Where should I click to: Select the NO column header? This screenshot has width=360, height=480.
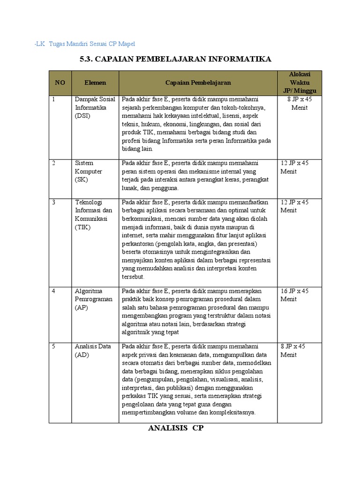pyautogui.click(x=60, y=82)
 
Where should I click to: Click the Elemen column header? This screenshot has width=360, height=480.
pyautogui.click(x=95, y=82)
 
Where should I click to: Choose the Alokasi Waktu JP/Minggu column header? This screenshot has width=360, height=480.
pyautogui.click(x=300, y=82)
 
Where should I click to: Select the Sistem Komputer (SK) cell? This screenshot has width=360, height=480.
pyautogui.click(x=84, y=171)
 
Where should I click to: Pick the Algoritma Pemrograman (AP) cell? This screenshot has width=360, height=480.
pyautogui.click(x=94, y=299)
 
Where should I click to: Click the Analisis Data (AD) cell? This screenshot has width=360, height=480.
pyautogui.click(x=93, y=351)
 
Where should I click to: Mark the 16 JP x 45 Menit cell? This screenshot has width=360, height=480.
pyautogui.click(x=294, y=295)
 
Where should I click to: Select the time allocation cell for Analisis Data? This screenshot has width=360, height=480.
pyautogui.click(x=293, y=351)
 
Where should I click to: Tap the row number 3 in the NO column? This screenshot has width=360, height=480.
pyautogui.click(x=54, y=202)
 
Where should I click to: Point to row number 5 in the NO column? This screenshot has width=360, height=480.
pyautogui.click(x=54, y=346)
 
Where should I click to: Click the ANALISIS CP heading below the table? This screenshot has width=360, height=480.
pyautogui.click(x=176, y=428)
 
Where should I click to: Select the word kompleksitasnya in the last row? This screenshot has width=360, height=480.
pyautogui.click(x=232, y=412)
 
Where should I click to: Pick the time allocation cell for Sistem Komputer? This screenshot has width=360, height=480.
pyautogui.click(x=294, y=167)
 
